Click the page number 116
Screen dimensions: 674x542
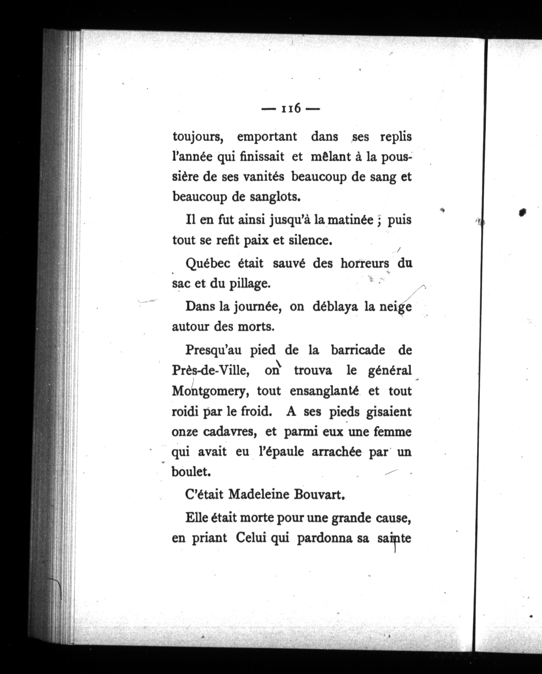click(291, 108)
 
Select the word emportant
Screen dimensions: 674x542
click(267, 137)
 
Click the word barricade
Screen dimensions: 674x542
click(358, 350)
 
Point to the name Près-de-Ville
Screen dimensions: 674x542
click(210, 371)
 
